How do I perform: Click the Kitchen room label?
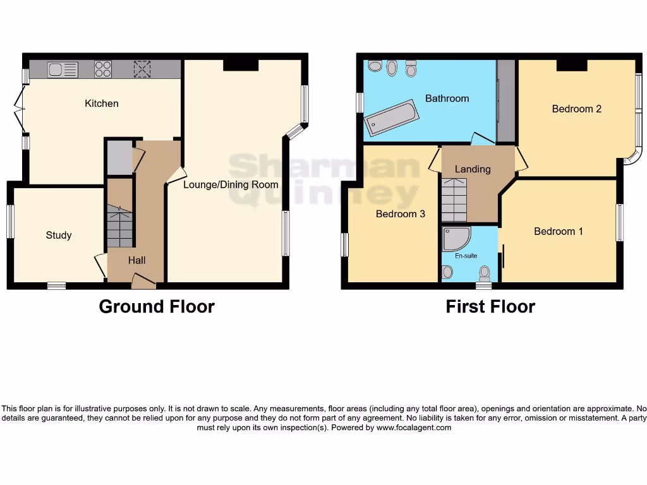[102, 104]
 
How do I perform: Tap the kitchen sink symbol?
[62, 69]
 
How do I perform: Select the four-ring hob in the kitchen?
[103, 69]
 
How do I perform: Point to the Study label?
[59, 236]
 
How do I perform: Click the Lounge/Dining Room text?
[231, 185]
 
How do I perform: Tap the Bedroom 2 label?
[576, 109]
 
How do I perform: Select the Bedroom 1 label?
[559, 231]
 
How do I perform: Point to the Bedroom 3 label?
[401, 214]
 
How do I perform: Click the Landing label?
[473, 169]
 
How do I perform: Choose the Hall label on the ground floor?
[137, 260]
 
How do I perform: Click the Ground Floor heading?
[157, 307]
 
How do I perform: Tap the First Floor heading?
[490, 307]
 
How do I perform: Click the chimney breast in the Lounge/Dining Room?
[241, 64]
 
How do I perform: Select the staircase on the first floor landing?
[454, 199]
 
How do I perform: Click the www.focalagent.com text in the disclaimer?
[414, 428]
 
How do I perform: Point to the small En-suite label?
[467, 256]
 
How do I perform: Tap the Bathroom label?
[447, 99]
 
